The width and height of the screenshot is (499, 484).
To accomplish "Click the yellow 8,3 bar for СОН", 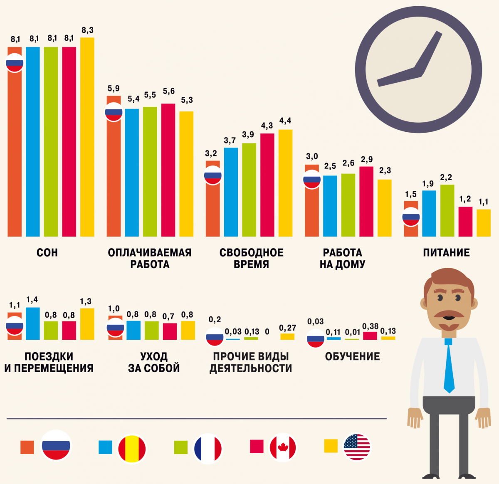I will pyautogui.click(x=87, y=137).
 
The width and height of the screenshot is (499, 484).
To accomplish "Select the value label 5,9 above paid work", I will pyautogui.click(x=114, y=89).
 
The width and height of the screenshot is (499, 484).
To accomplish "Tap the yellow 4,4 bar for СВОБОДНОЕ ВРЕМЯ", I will pyautogui.click(x=285, y=183).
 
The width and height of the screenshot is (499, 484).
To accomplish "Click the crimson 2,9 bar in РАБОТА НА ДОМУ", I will pyautogui.click(x=366, y=202).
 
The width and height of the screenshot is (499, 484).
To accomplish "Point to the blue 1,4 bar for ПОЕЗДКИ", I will pyautogui.click(x=33, y=323).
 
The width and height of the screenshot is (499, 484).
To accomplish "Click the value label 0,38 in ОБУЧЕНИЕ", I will pyautogui.click(x=370, y=326).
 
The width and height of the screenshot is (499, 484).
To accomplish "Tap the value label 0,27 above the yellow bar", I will pyautogui.click(x=287, y=328).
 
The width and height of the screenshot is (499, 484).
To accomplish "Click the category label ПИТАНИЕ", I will pyautogui.click(x=446, y=253).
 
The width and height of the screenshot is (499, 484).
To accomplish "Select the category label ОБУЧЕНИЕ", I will pyautogui.click(x=352, y=356).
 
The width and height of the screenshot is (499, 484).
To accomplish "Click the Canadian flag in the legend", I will pyautogui.click(x=283, y=447).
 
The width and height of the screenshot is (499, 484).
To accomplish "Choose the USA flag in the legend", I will pyautogui.click(x=357, y=447).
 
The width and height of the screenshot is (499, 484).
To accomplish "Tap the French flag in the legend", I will pyautogui.click(x=208, y=448).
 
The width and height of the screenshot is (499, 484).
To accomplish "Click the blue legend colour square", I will pyautogui.click(x=105, y=447).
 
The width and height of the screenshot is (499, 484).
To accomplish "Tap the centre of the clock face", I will pyautogui.click(x=418, y=70).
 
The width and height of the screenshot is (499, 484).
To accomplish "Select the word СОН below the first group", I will pyautogui.click(x=47, y=253).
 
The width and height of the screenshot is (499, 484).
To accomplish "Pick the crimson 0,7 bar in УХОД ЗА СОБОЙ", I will pyautogui.click(x=170, y=331).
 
